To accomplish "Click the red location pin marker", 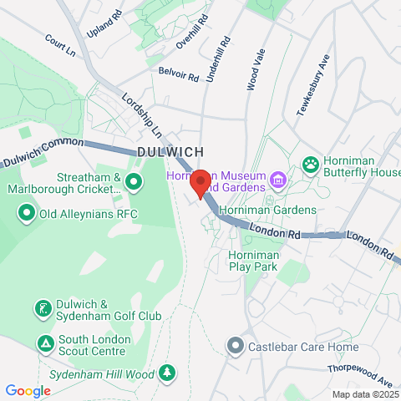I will (200, 182).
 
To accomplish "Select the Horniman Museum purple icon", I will (278, 178).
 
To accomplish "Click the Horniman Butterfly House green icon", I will (311, 163).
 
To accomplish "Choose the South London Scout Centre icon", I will (43, 343).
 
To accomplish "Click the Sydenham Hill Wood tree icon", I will (167, 371).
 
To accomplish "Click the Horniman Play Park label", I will (252, 261).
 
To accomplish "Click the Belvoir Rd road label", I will (179, 75).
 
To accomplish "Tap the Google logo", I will (28, 390).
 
